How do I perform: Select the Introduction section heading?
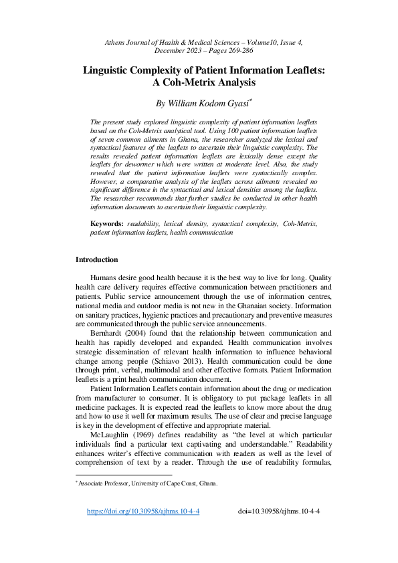pyautogui.click(x=96, y=259)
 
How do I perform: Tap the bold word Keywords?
pyautogui.click(x=106, y=222)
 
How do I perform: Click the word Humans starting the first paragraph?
pyautogui.click(x=106, y=277)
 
